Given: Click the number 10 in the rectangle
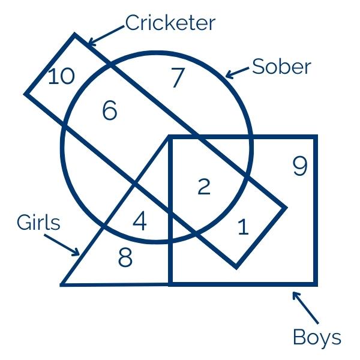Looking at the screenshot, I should (61, 76).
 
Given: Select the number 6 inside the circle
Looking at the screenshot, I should (109, 111).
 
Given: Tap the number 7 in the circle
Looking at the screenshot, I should (176, 79).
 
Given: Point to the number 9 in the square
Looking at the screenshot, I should (300, 166).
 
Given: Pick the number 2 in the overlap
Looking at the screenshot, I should (204, 187).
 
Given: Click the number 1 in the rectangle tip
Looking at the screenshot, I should (243, 227).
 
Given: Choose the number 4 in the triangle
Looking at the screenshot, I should (139, 221).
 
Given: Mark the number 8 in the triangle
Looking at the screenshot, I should (125, 258).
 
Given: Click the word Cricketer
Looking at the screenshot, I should (170, 23).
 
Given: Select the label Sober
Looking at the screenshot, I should (281, 66).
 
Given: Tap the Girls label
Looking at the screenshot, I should (39, 223).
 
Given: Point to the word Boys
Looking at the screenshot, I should (317, 337).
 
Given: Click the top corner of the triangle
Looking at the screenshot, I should (169, 138).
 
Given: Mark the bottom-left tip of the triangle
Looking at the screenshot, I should (62, 284).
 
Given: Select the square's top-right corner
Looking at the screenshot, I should (316, 137).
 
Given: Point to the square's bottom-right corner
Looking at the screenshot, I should (316, 283).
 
